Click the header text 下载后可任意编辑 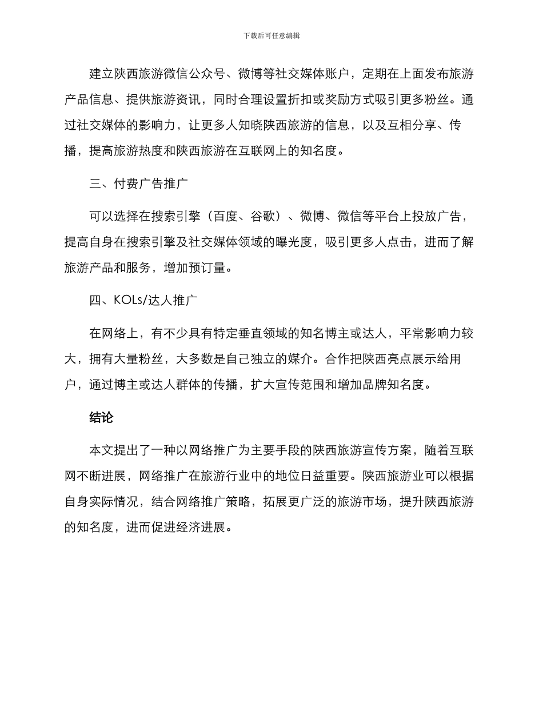[x=271, y=35]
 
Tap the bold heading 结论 [x=102, y=418]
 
